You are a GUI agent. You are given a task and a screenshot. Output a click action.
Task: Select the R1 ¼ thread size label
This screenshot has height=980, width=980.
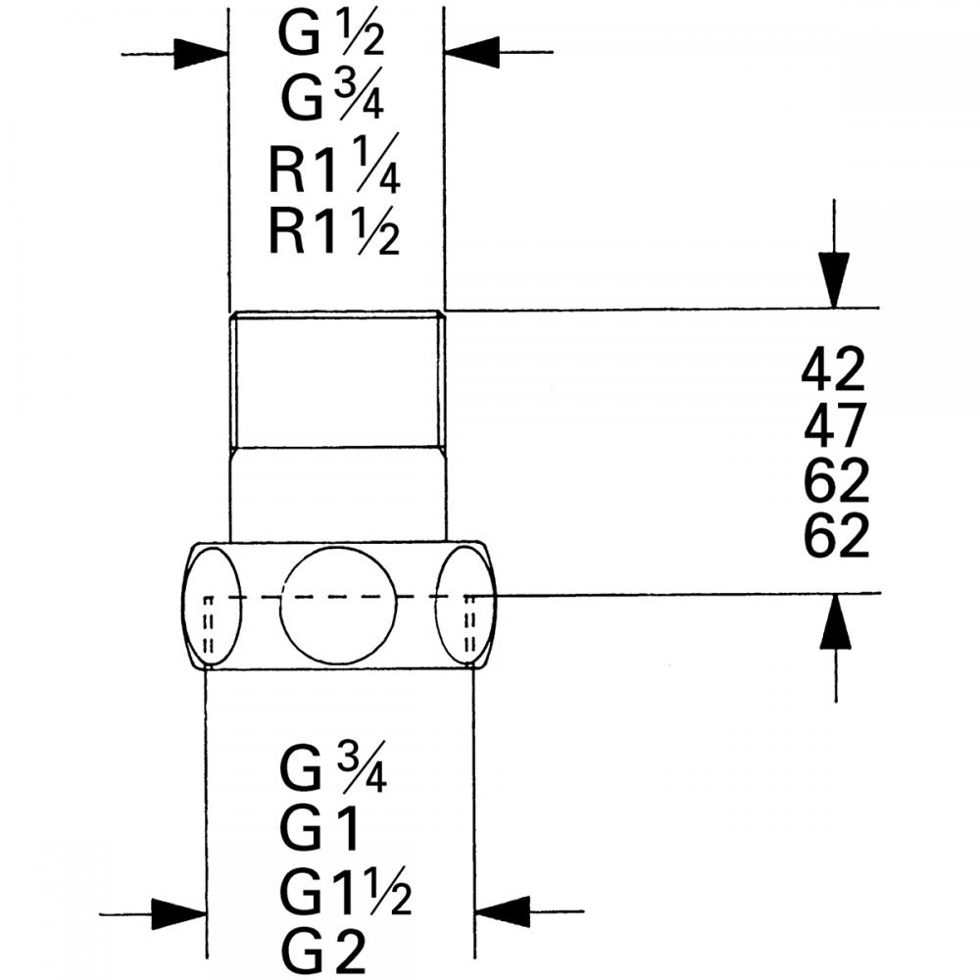coord(333,172)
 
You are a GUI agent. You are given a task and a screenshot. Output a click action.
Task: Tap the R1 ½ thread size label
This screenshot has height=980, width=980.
coord(333,232)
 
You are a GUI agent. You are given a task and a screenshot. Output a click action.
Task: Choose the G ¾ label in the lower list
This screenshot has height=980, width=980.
coord(332,769)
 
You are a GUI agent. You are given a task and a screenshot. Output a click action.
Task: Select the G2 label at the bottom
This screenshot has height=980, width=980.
coord(322,949)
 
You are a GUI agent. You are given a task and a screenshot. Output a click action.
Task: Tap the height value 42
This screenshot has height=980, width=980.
coord(834,370)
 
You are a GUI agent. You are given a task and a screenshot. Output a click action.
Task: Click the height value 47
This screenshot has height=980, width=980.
coord(834,426)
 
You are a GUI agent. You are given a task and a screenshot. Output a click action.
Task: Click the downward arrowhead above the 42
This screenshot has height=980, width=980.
coord(834,280)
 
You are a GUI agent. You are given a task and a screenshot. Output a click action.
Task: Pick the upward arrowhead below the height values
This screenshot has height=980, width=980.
coord(835,621)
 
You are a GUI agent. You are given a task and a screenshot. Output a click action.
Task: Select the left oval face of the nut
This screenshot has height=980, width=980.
coord(212,604)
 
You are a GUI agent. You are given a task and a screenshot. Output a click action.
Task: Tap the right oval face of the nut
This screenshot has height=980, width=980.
coord(466,604)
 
